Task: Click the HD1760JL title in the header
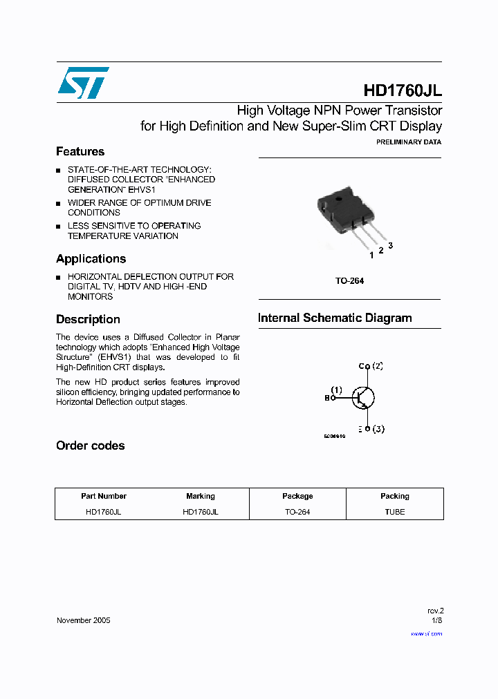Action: point(402,91)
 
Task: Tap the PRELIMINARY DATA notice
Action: point(408,142)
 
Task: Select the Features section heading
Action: point(80,151)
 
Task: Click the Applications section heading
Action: point(91,258)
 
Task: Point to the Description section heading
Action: point(88,319)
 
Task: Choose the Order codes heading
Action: point(90,446)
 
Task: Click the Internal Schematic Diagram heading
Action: point(335,318)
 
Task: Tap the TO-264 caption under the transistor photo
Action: point(349,280)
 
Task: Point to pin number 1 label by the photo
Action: point(371,255)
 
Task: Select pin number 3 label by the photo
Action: point(390,245)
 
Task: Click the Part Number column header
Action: point(104,496)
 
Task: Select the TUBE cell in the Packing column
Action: point(394,512)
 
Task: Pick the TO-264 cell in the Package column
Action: point(297,512)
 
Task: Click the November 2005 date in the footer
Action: point(83,620)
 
